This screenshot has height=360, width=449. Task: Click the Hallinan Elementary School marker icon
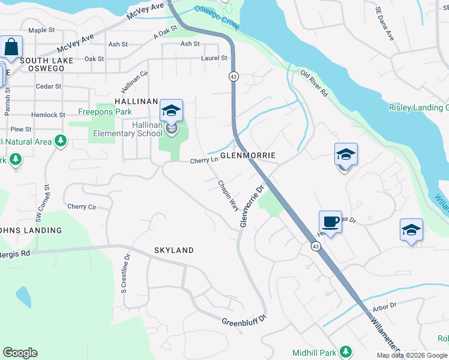tap(171, 112)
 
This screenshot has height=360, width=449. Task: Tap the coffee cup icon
tap(330, 222)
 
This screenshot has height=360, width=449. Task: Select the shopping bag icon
tap(11, 47)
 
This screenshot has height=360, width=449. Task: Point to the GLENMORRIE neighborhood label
tap(247, 155)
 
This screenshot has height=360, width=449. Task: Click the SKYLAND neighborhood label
tap(173, 250)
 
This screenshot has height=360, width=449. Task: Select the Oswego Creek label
tap(217, 18)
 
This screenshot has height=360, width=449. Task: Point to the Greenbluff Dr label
tap(244, 322)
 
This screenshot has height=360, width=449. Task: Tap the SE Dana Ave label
tap(384, 23)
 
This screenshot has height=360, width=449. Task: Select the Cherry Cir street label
tap(82, 206)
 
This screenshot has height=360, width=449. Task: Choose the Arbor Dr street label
tap(385, 305)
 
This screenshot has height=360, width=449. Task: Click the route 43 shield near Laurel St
tap(233, 76)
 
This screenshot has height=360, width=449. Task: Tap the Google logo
tap(20, 353)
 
